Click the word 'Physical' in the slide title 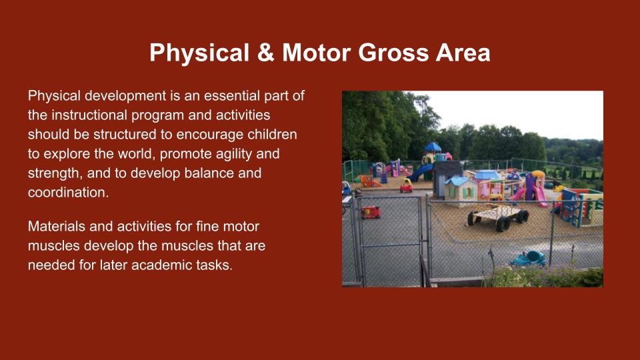tap(199, 53)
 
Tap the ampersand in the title tap(266, 53)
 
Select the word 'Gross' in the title tap(393, 53)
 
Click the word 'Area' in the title tap(463, 53)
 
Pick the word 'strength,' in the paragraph tap(55, 173)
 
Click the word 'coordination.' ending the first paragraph tap(68, 192)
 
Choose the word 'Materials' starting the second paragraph tap(57, 226)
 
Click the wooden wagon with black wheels tap(498, 217)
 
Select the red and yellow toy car tap(406, 185)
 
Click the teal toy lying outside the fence tap(527, 259)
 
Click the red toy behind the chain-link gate tap(371, 212)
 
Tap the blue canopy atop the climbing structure tap(433, 147)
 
